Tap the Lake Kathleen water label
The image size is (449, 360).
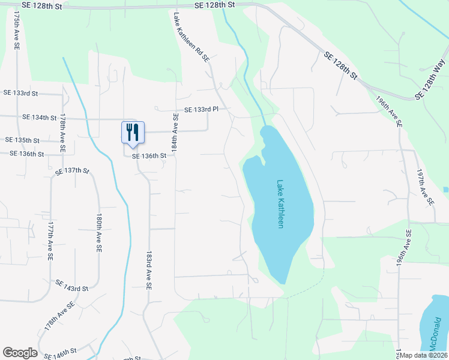pos(280,204)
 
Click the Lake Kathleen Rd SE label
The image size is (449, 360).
pos(191,37)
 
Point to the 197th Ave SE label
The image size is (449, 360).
pos(426,187)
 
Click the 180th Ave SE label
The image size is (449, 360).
pos(99,232)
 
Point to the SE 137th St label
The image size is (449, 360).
pos(72,172)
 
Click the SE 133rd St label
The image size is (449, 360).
pos(20,94)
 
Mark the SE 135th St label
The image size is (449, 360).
pos(22,140)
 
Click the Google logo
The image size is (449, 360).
pos(20,353)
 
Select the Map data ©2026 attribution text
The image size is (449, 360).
pos(424,355)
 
